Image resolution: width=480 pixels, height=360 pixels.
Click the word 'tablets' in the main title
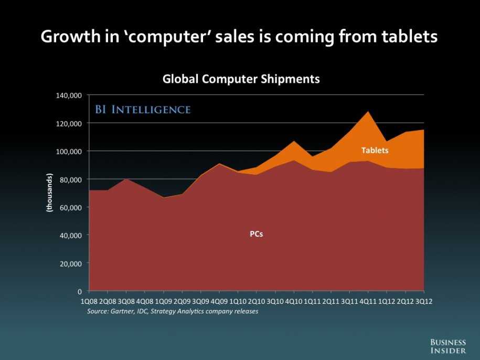409,36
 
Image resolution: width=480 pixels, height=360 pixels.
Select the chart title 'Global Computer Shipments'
241,79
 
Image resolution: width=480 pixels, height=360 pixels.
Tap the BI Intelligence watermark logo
143,109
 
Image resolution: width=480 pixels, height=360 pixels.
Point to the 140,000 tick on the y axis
69,96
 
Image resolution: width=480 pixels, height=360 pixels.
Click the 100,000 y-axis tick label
69,152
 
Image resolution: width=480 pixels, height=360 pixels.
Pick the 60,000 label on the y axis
71,208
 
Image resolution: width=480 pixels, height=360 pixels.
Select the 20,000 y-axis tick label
71,263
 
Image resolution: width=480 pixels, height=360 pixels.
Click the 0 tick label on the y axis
80,291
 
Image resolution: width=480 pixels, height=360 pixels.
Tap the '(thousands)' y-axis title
49,193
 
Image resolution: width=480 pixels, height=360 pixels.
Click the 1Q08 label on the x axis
89,302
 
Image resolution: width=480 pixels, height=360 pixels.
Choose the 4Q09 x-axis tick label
219,302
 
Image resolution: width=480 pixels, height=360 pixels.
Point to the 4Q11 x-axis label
368,302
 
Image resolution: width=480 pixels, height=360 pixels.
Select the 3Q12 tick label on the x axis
424,302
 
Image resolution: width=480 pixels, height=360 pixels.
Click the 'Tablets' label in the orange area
375,150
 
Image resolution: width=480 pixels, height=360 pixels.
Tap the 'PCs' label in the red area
256,234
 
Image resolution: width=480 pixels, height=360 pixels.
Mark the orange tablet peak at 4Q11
368,111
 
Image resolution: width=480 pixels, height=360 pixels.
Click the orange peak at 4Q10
294,141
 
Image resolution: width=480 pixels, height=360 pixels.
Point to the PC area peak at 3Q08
126,179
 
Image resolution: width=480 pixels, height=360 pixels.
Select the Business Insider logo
448,346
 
